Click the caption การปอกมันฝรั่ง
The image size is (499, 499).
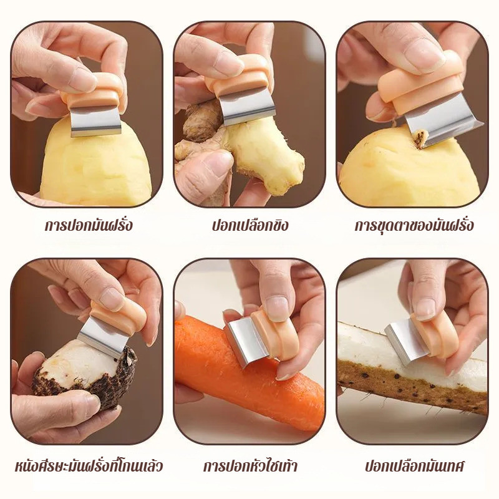pos(88,225)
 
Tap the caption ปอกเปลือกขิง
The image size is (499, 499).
pos(251,225)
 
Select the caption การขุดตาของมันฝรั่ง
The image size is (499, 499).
pos(414,225)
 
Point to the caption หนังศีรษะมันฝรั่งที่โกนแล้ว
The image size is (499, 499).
pos(89,466)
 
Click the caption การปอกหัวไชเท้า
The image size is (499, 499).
pos(250,466)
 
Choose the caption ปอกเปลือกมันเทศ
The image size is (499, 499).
pos(414,466)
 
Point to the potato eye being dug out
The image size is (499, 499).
pos(420,140)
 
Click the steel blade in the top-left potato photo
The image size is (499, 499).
pos(95,121)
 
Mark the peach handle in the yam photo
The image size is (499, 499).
pos(435,335)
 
